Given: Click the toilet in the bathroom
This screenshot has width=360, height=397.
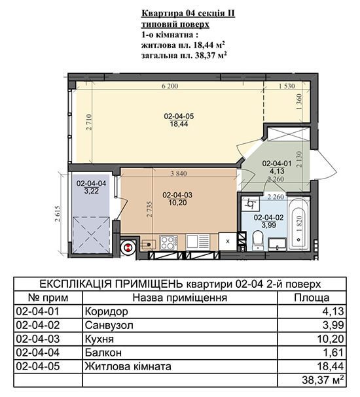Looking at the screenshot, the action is (258, 240).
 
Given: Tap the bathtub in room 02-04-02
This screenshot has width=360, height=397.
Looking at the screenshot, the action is (299, 224).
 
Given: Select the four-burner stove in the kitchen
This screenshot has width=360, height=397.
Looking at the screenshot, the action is (168, 243).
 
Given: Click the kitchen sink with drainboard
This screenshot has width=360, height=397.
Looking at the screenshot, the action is (198, 242).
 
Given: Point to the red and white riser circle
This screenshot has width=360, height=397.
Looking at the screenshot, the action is (128, 247).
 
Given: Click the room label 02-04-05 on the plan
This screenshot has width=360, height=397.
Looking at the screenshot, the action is (179, 116).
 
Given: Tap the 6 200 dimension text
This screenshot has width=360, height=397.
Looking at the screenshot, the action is (170, 86).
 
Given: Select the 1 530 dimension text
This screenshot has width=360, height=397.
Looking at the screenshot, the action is (287, 86).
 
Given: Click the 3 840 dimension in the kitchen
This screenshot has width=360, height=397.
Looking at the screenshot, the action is (179, 174).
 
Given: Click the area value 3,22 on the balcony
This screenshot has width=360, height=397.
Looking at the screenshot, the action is (91, 191).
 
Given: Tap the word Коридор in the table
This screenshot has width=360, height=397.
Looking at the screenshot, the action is (107, 311).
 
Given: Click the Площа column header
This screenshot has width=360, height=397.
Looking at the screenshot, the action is (312, 298).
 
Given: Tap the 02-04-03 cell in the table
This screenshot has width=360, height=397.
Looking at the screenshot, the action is (37, 339).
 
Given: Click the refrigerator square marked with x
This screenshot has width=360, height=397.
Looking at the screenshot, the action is (228, 241).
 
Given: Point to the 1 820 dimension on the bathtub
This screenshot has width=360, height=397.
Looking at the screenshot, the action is (299, 224).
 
